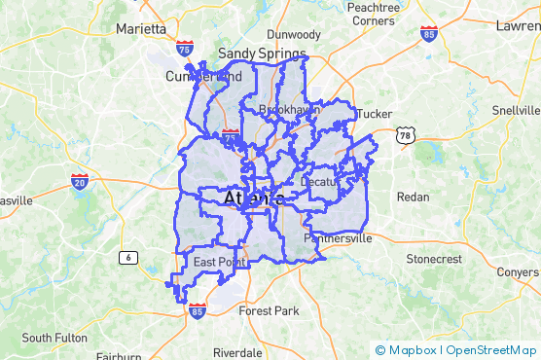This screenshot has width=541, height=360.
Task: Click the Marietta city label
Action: (x=141, y=28)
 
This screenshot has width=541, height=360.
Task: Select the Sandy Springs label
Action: (x=262, y=54)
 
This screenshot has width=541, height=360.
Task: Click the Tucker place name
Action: (x=375, y=114)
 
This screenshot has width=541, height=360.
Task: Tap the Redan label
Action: (x=413, y=197)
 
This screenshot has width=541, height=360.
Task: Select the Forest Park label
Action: (x=270, y=311)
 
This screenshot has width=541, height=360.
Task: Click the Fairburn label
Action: (x=118, y=356)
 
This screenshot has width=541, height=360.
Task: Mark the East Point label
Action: (x=218, y=263)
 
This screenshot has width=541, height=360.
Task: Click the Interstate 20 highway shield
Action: (x=80, y=182)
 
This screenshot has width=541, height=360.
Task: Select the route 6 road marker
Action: (x=126, y=257)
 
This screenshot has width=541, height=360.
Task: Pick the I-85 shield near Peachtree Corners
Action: (x=429, y=33)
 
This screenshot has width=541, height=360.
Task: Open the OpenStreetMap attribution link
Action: (x=491, y=349)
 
